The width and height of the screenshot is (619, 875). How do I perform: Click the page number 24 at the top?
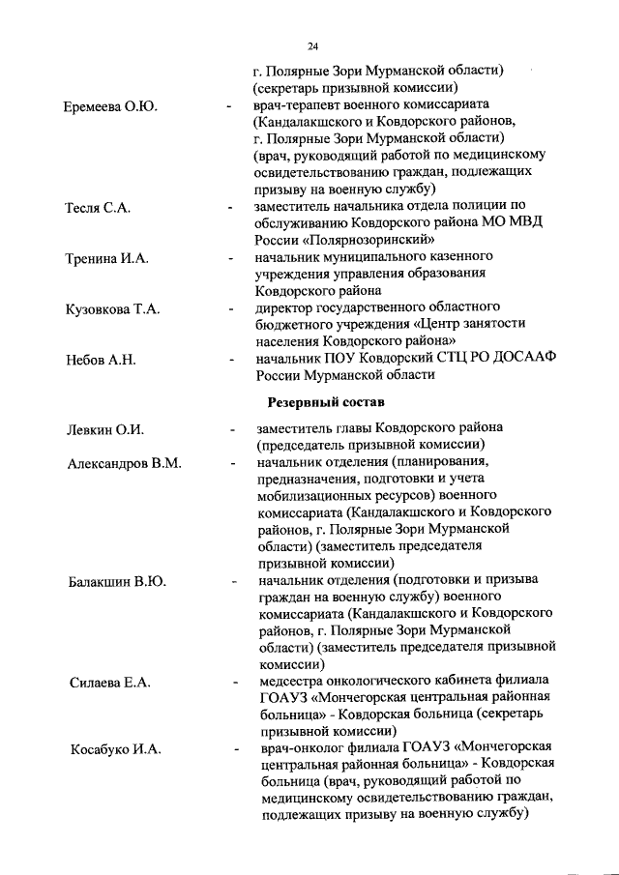click(313, 46)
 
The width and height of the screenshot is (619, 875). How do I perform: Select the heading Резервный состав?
click(324, 400)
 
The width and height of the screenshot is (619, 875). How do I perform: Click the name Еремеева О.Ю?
click(111, 104)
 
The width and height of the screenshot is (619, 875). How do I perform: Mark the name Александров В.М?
click(125, 464)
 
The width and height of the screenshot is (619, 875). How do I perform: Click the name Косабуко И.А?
click(114, 749)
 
